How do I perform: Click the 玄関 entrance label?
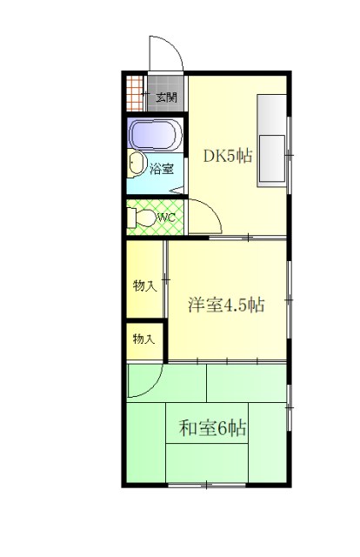tap(167, 97)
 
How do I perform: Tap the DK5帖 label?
tap(228, 157)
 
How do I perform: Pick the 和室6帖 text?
tap(213, 428)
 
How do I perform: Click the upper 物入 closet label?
tap(144, 285)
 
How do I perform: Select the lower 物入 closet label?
tap(144, 339)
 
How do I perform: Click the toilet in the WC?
tap(145, 218)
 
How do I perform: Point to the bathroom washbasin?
tap(136, 164)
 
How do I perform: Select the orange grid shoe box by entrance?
tap(134, 91)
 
